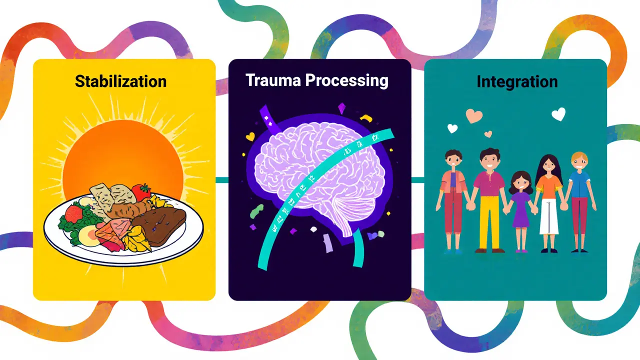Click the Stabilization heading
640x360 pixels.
click(120, 81)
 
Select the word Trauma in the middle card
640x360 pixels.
click(273, 80)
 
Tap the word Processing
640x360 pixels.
click(347, 81)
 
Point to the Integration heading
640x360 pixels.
click(517, 82)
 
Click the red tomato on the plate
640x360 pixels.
click(141, 191)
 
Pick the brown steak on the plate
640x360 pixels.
click(159, 226)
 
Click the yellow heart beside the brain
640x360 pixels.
click(250, 136)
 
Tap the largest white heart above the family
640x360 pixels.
click(558, 114)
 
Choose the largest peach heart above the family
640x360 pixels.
click(474, 115)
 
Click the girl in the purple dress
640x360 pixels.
click(521, 211)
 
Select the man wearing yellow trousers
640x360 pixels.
click(489, 200)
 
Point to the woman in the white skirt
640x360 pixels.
click(549, 203)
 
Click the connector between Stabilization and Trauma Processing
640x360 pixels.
click(222, 180)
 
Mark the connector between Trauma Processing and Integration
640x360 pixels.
click(417, 180)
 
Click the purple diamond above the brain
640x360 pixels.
click(342, 108)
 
